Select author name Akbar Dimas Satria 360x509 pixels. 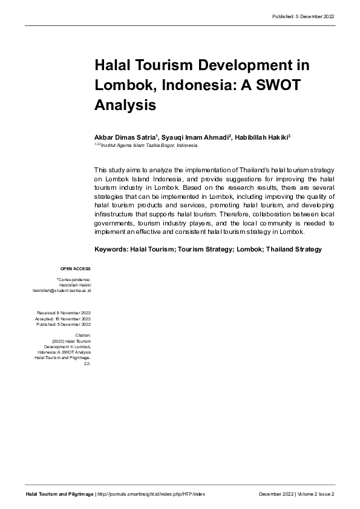point(123,138)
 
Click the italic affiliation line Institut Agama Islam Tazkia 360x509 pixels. point(145,146)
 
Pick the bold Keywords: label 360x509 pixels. point(111,249)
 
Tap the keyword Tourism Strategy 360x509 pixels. point(206,249)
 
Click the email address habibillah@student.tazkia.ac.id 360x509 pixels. point(62,291)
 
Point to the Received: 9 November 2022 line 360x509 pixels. point(64,313)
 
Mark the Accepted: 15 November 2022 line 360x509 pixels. point(63,318)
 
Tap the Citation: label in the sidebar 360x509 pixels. point(83,334)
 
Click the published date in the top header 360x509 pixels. point(303,16)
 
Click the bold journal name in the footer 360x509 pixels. point(59,494)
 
